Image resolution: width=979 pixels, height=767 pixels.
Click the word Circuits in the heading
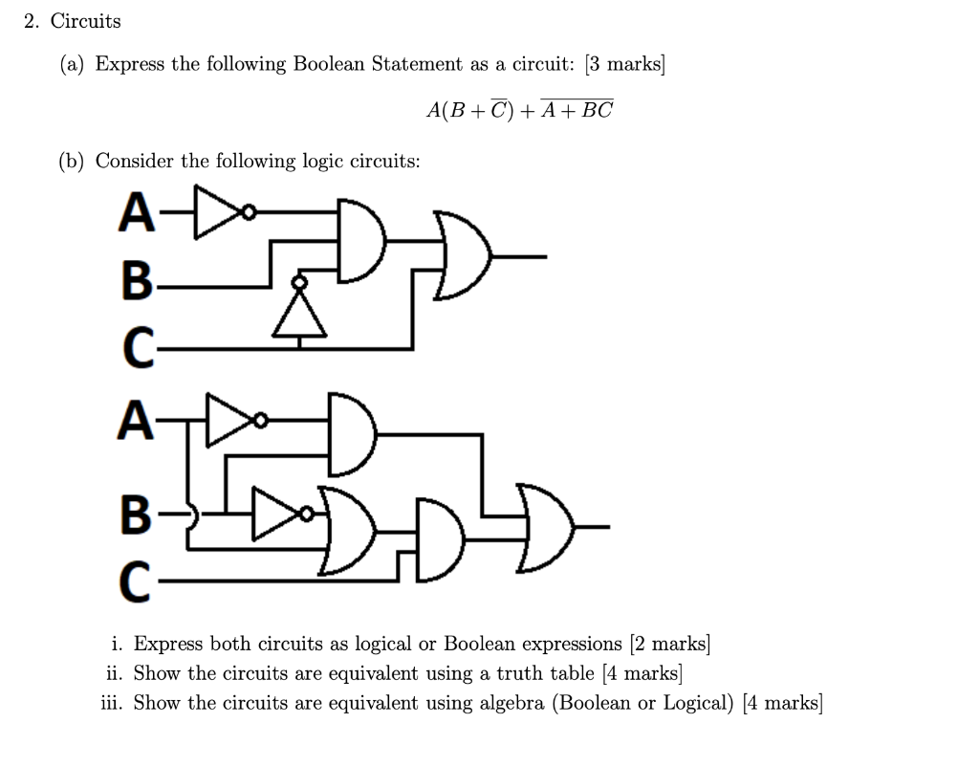86,20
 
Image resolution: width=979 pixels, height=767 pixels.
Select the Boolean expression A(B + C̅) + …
519,109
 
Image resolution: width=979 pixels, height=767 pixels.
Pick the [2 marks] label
669,644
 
